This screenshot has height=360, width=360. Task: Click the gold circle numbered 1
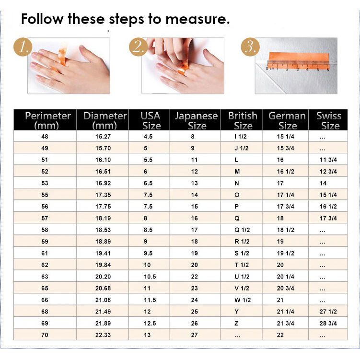click(x=23, y=47)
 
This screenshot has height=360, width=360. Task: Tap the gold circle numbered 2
click(x=138, y=47)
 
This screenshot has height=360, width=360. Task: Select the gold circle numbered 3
click(x=250, y=47)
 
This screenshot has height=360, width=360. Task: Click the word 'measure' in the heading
click(x=196, y=19)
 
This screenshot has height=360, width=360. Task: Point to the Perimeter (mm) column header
click(x=47, y=120)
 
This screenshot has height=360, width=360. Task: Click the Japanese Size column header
click(x=197, y=121)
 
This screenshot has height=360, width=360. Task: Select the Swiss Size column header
click(x=329, y=120)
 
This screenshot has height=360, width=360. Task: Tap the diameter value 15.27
click(x=103, y=137)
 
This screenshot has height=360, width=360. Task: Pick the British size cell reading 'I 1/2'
click(x=240, y=137)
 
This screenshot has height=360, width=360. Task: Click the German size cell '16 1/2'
click(x=285, y=172)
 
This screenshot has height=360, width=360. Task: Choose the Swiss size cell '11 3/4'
click(x=328, y=160)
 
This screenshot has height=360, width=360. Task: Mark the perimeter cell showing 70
click(x=45, y=335)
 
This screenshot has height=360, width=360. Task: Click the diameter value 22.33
click(x=103, y=335)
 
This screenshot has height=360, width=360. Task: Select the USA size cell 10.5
click(x=150, y=277)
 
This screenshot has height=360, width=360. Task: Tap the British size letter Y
click(x=236, y=312)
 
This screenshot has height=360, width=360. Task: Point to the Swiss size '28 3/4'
click(x=328, y=323)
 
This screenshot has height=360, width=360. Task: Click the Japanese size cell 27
click(x=195, y=335)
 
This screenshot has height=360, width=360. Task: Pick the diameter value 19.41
click(x=103, y=253)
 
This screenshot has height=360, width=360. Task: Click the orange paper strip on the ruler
click(x=298, y=60)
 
